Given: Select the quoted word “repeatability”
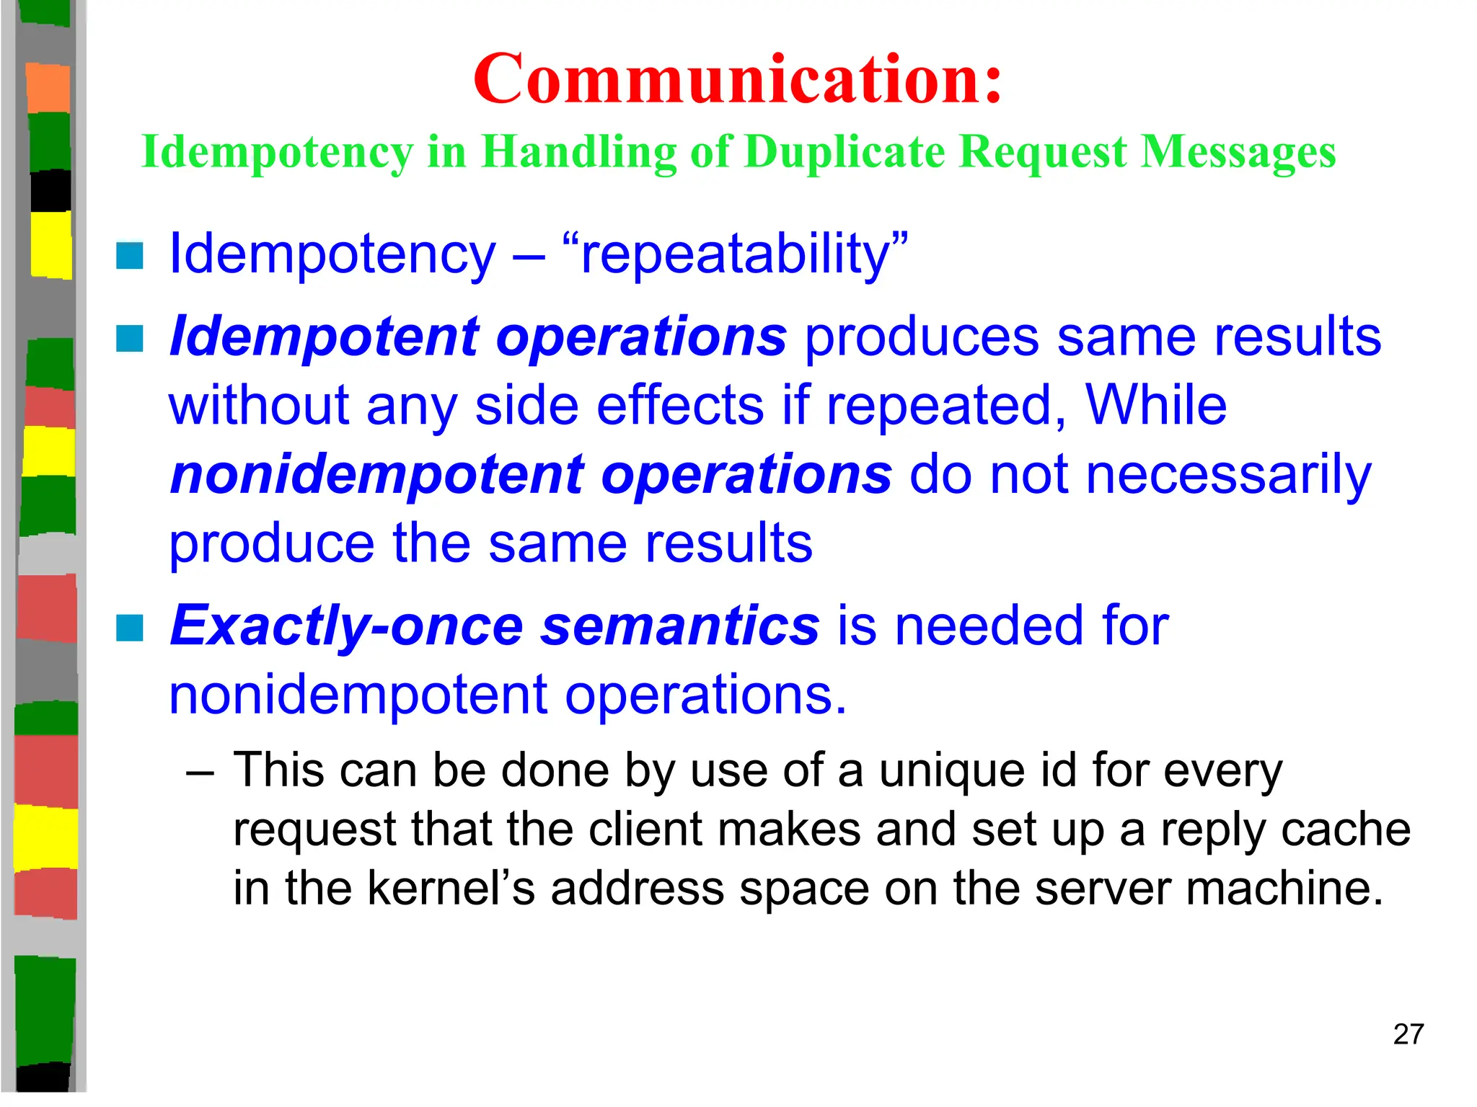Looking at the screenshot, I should coord(735,254).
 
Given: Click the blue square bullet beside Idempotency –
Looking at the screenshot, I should coord(130,255).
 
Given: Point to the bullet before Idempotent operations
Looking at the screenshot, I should coord(130,338).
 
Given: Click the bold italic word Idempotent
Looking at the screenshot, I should coord(324,337).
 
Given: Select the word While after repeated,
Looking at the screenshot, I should coord(1155,405).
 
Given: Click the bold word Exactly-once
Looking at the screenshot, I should coord(346,626).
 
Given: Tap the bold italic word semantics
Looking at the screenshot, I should coord(680,626).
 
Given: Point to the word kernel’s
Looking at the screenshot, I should coord(451,888).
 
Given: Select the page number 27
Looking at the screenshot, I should coord(1408,1034).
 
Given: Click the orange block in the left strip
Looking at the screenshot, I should coord(48,87).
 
